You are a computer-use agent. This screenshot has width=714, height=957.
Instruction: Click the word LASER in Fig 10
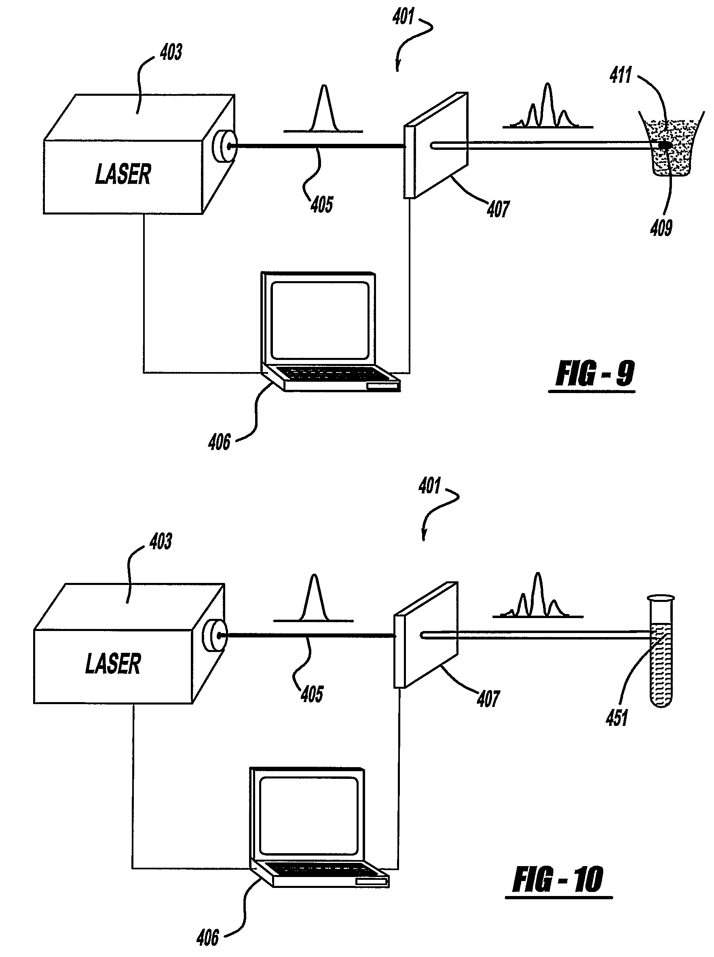pyautogui.click(x=113, y=664)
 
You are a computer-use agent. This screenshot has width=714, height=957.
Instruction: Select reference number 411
pyautogui.click(x=621, y=75)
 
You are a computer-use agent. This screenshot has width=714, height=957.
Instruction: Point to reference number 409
pyautogui.click(x=661, y=227)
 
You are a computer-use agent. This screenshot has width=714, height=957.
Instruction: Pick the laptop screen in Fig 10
pyautogui.click(x=309, y=815)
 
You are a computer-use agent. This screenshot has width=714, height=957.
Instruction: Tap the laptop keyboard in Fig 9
pyautogui.click(x=328, y=374)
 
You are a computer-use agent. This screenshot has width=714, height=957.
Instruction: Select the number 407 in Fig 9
pyautogui.click(x=499, y=209)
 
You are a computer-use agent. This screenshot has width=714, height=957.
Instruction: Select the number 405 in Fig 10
pyautogui.click(x=312, y=694)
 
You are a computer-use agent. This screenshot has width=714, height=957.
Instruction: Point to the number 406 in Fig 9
pyautogui.click(x=220, y=442)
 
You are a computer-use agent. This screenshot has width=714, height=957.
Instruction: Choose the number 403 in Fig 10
pyautogui.click(x=161, y=541)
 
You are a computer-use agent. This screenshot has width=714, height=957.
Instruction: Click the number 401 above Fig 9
pyautogui.click(x=403, y=17)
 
